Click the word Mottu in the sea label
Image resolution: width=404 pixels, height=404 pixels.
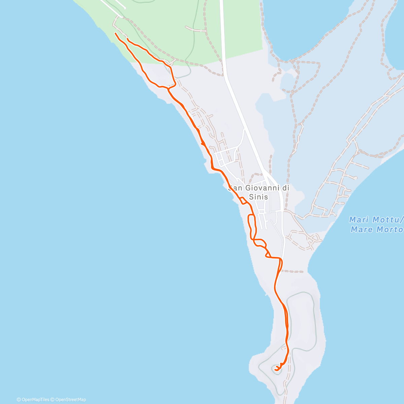[x=386, y=220]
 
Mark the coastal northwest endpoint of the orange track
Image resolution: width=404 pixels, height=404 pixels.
[x=115, y=33]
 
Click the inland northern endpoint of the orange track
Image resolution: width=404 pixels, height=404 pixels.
[x=127, y=39]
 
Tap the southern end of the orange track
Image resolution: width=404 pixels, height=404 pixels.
[x=276, y=369]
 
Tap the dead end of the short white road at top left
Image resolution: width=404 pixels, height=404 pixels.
[x=125, y=8]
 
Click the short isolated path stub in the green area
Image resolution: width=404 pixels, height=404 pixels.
[x=195, y=30]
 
